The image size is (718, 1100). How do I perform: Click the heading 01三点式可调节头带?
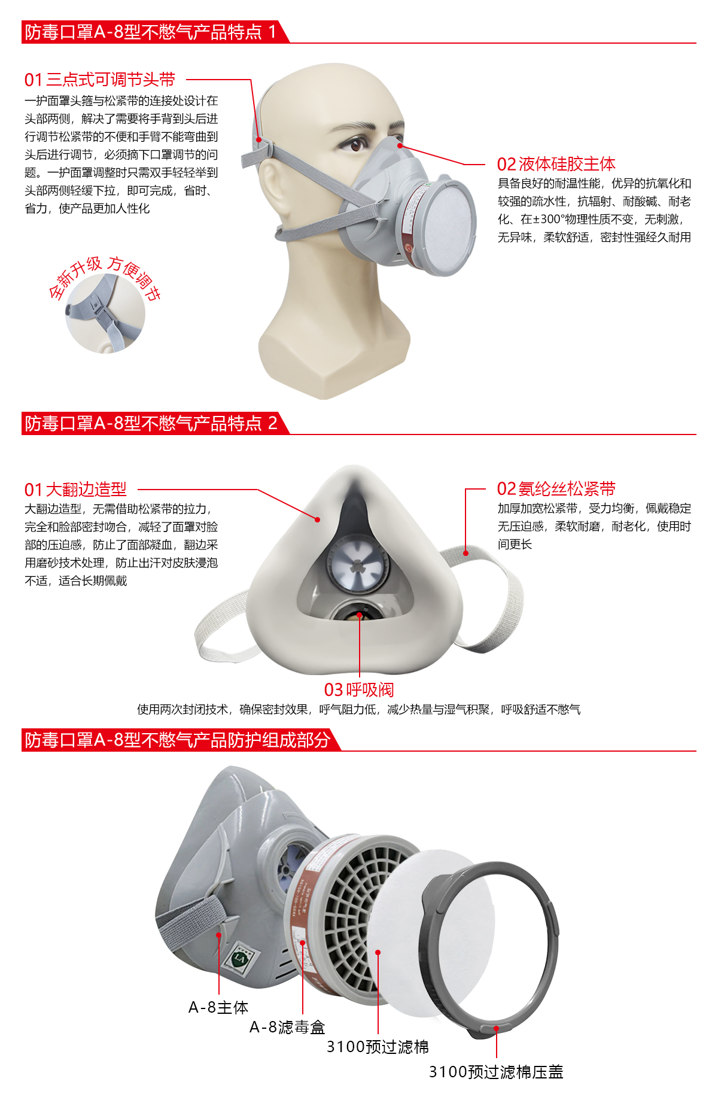(99, 80)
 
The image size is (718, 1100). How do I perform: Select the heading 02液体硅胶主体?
(556, 164)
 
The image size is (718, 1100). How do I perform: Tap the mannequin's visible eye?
(357, 144)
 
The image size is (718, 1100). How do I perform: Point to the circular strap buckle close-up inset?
(105, 313)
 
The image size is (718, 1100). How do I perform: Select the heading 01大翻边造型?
(75, 490)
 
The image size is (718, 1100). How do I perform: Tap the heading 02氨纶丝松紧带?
(556, 489)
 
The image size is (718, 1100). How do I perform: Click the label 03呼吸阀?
(359, 689)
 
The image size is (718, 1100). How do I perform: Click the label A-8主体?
(218, 1007)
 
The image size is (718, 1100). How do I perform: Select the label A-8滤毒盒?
(287, 1027)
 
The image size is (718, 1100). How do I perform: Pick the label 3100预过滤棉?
(378, 1047)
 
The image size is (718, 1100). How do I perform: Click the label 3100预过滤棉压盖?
(496, 1071)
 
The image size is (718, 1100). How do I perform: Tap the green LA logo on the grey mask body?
(239, 959)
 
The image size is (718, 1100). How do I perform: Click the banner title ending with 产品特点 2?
(151, 423)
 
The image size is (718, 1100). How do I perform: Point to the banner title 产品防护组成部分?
(177, 740)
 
